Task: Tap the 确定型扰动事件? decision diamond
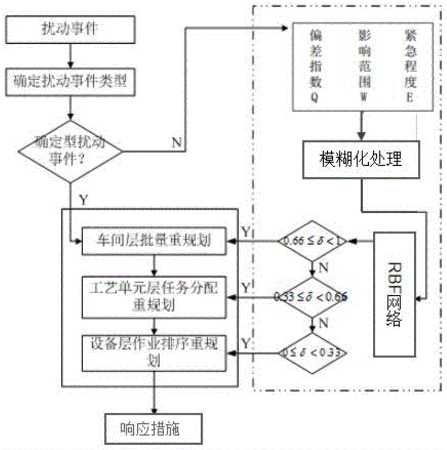69,151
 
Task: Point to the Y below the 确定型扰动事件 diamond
82,198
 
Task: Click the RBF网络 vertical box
395,294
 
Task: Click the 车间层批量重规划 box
154,242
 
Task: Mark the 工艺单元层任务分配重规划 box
154,297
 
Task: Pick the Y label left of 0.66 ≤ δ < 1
247,233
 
